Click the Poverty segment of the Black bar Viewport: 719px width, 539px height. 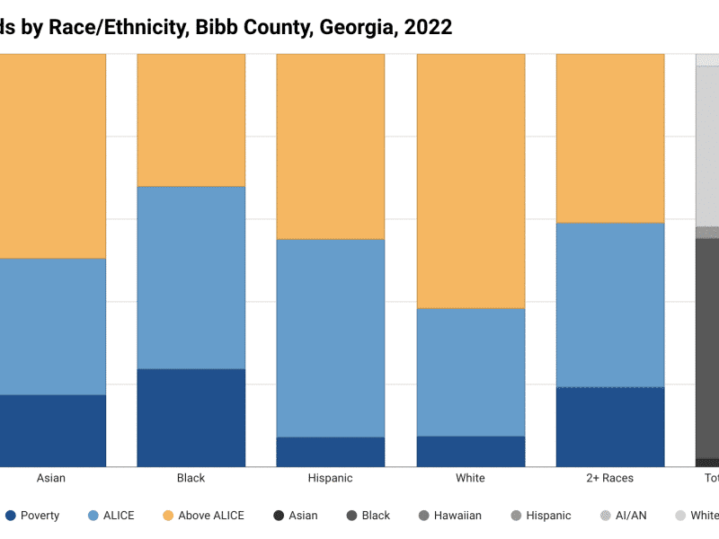191,418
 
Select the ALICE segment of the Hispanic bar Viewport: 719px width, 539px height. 330,338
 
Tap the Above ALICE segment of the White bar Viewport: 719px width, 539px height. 470,181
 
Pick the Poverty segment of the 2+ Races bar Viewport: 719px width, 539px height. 610,427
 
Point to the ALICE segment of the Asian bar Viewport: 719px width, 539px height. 52,326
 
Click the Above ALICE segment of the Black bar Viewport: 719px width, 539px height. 191,119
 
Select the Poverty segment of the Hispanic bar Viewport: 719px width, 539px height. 330,452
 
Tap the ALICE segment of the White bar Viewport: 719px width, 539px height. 470,372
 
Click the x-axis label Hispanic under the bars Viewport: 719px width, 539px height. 330,478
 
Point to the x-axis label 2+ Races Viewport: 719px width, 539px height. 610,478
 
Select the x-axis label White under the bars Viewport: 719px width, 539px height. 470,478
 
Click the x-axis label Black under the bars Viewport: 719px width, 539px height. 191,478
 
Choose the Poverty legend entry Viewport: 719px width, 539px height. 32,516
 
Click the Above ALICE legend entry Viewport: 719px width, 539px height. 204,516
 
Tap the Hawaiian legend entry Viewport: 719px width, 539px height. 448,516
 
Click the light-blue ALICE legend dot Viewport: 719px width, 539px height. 93,516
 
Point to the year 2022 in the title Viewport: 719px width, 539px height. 428,28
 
